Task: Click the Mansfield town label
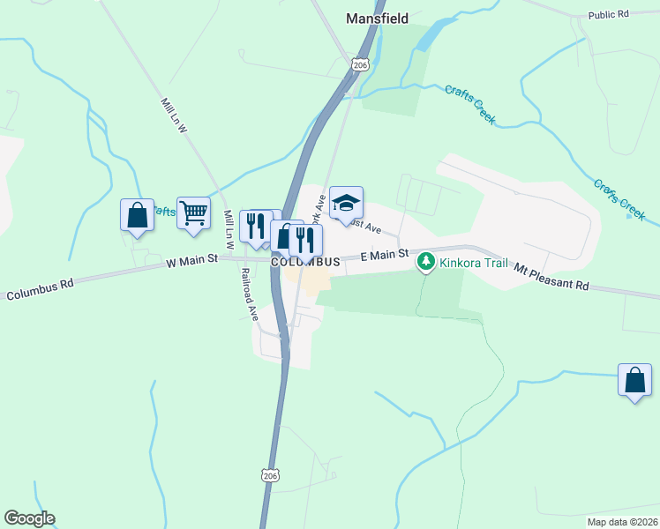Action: [377, 18]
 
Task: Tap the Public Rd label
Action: [609, 15]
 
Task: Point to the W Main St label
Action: [191, 262]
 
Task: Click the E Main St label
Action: [385, 255]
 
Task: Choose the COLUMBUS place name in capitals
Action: [305, 263]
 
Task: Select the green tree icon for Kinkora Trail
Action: [426, 261]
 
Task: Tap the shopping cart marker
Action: [193, 212]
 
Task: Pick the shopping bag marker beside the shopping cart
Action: [137, 215]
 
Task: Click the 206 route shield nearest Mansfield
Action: [359, 64]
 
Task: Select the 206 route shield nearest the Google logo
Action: [271, 474]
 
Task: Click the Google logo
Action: [29, 518]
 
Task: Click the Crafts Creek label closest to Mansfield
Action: [469, 104]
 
